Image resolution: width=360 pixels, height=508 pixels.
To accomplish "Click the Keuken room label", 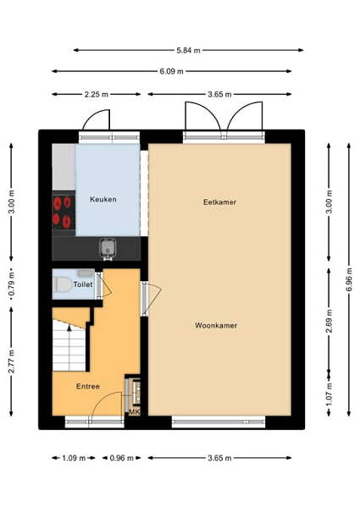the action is (103, 199).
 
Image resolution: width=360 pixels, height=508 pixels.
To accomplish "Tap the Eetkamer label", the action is (219, 202).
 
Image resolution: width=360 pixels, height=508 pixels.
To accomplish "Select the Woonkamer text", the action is (216, 326).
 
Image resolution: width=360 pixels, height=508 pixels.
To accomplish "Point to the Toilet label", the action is (83, 284).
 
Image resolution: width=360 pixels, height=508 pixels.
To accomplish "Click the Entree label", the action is (88, 386).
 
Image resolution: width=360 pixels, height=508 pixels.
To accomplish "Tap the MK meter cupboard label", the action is (135, 411).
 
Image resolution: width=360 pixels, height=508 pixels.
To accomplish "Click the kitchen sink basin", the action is (108, 247).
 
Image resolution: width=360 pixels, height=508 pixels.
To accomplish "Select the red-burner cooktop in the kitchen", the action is (64, 213).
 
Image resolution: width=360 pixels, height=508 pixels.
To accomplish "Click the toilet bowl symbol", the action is (63, 284).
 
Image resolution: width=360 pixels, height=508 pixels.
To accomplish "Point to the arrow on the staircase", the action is (69, 348).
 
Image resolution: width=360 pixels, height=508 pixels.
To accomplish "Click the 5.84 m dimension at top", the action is (188, 50).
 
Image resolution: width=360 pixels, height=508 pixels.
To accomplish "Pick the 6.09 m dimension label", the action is (171, 71).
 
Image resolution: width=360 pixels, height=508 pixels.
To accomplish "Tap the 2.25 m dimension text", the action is (97, 95).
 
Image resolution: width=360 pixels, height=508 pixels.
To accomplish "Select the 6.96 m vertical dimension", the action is (349, 279).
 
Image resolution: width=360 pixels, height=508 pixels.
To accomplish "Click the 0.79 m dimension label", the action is (11, 284).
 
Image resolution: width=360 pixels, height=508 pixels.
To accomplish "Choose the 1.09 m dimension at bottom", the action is (74, 458).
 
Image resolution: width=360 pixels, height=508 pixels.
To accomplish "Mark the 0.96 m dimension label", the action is (121, 458).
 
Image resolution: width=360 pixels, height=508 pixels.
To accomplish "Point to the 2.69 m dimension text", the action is (330, 321).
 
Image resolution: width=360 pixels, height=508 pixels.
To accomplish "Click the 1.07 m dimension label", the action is (330, 395).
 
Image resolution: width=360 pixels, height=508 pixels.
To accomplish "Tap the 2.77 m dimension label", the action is (11, 362).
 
